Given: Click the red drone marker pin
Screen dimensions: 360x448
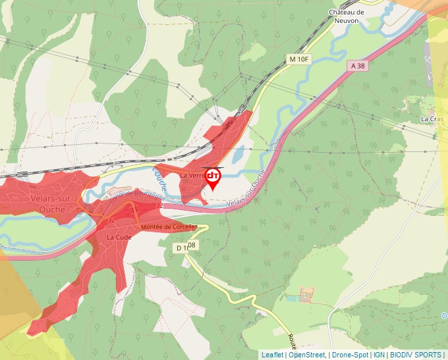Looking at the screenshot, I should [x=213, y=178].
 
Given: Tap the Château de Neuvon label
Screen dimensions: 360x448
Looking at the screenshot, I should [x=347, y=16].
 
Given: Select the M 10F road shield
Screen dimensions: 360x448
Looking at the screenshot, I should [x=298, y=59].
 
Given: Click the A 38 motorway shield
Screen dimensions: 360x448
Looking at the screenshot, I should [x=358, y=66].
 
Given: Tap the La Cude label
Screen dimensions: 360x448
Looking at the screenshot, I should [x=119, y=237].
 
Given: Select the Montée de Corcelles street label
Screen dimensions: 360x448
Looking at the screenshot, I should [x=169, y=226].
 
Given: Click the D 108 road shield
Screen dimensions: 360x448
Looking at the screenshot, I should [x=186, y=247].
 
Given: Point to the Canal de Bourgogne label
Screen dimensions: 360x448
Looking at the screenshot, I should [x=137, y=195].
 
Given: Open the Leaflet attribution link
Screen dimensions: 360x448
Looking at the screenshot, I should [x=272, y=355].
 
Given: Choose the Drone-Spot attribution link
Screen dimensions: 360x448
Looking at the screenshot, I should [x=350, y=355].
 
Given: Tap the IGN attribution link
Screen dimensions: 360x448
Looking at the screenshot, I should [x=379, y=355].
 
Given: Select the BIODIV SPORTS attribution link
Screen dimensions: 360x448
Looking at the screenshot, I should [x=416, y=355].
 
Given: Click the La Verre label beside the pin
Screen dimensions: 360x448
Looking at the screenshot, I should [x=192, y=176].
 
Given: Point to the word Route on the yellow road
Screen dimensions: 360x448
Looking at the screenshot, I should [x=291, y=342].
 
